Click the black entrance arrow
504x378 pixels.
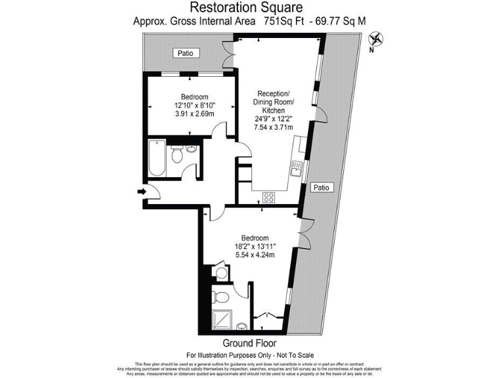coord(142,192)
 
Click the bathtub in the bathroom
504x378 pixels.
coord(157,158)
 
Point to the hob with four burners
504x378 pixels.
coord(268,196)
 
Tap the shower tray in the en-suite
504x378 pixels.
coord(223,318)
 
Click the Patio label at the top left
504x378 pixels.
coord(184,53)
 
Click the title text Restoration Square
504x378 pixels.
coord(246,7)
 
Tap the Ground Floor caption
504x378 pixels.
coord(249,343)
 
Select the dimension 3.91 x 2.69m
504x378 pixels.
coord(195,114)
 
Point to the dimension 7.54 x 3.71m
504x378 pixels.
coord(274,128)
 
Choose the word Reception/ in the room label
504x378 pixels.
coord(274,93)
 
